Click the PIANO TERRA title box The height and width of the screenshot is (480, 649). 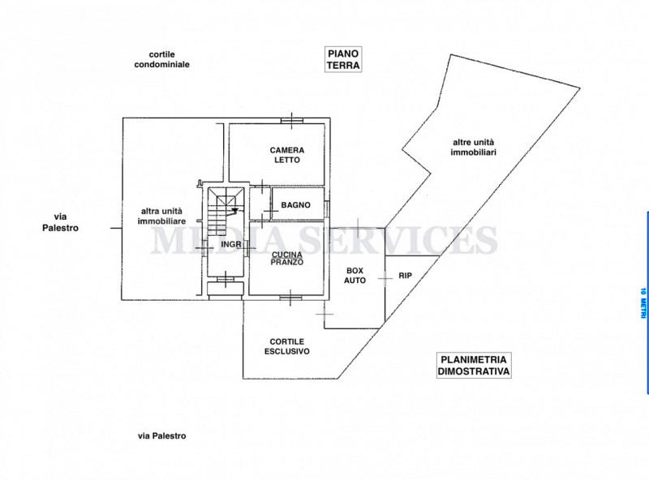pyautogui.click(x=343, y=59)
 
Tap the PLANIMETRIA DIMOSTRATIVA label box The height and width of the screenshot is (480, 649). pyautogui.click(x=474, y=365)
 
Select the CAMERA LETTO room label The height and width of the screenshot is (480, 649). pyautogui.click(x=287, y=155)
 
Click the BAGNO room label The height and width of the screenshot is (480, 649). pyautogui.click(x=295, y=205)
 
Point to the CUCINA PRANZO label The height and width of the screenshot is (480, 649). pyautogui.click(x=287, y=259)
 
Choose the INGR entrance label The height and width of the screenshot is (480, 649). pyautogui.click(x=231, y=245)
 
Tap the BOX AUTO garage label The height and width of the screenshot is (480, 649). pyautogui.click(x=355, y=275)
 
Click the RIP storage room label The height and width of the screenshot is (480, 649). pyautogui.click(x=405, y=275)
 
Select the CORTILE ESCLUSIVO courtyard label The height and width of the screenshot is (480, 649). pyautogui.click(x=287, y=346)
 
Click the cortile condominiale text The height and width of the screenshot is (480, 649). pyautogui.click(x=161, y=59)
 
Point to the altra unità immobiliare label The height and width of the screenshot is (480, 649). pyautogui.click(x=161, y=216)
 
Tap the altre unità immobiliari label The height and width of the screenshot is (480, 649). pyautogui.click(x=473, y=147)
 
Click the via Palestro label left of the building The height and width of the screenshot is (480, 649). pyautogui.click(x=60, y=222)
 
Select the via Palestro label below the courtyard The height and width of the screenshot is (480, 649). pyautogui.click(x=161, y=435)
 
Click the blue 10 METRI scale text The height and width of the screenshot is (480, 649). pyautogui.click(x=643, y=303)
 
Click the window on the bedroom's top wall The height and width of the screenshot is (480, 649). pyautogui.click(x=292, y=121)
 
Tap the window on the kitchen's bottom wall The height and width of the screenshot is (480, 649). pyautogui.click(x=290, y=298)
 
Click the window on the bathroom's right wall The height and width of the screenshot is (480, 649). pyautogui.click(x=327, y=208)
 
